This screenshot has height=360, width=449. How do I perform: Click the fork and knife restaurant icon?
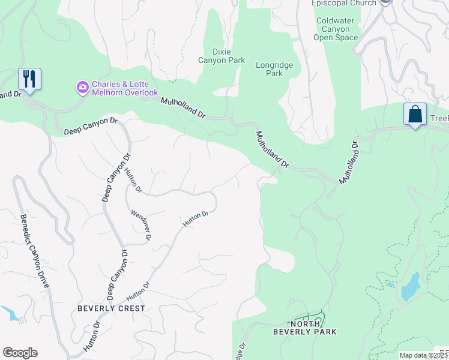[29, 79]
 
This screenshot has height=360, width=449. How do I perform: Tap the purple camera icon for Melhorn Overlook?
[82, 88]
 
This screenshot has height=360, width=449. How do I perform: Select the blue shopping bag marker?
[415, 114]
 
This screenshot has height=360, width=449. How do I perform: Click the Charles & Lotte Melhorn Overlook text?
[124, 89]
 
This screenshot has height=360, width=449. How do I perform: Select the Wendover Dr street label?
[140, 225]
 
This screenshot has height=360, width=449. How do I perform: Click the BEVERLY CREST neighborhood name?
[111, 308]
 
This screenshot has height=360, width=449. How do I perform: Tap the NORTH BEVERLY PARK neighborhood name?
[304, 327]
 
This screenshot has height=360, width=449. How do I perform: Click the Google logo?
[20, 353]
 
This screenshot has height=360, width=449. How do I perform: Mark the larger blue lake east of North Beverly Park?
[410, 286]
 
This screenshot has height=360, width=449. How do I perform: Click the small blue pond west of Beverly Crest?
[10, 313]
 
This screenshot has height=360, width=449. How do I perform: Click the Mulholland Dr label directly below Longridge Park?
[273, 149]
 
